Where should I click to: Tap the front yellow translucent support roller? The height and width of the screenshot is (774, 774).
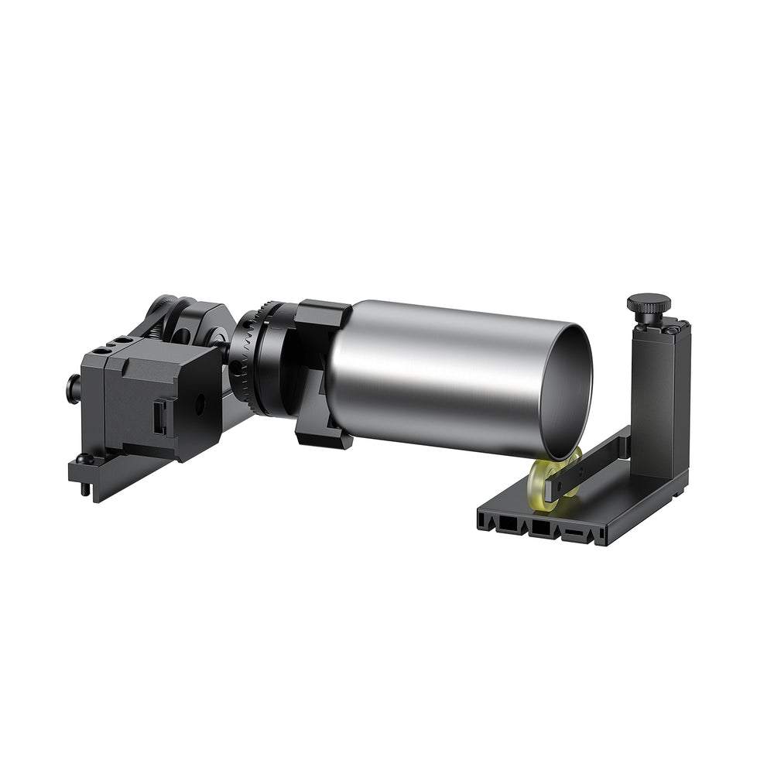click(545, 485)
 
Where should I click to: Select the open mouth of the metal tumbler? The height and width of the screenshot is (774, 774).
click(567, 391)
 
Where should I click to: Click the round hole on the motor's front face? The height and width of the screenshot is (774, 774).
click(199, 402)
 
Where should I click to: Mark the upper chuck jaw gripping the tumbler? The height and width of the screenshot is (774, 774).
click(321, 317)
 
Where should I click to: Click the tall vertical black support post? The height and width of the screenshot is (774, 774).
click(658, 402)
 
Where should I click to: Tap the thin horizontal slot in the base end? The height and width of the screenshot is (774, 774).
click(574, 533)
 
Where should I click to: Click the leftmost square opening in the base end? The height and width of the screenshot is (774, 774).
click(507, 525)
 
